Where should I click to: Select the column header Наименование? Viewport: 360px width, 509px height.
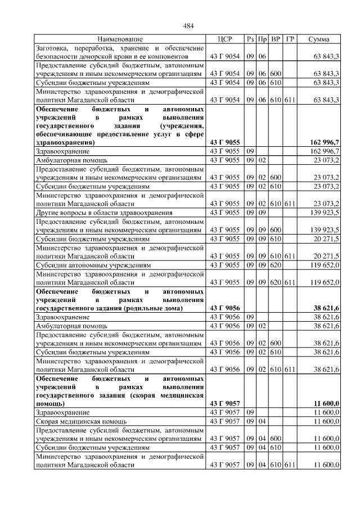tap(120, 39)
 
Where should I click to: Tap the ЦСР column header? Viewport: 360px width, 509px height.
tap(224, 39)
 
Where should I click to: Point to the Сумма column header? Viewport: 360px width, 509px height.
tap(319, 39)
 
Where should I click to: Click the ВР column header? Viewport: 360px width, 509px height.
tap(276, 39)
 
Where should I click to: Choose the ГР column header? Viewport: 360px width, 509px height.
tap(289, 39)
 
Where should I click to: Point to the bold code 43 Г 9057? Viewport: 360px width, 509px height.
tap(224, 403)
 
